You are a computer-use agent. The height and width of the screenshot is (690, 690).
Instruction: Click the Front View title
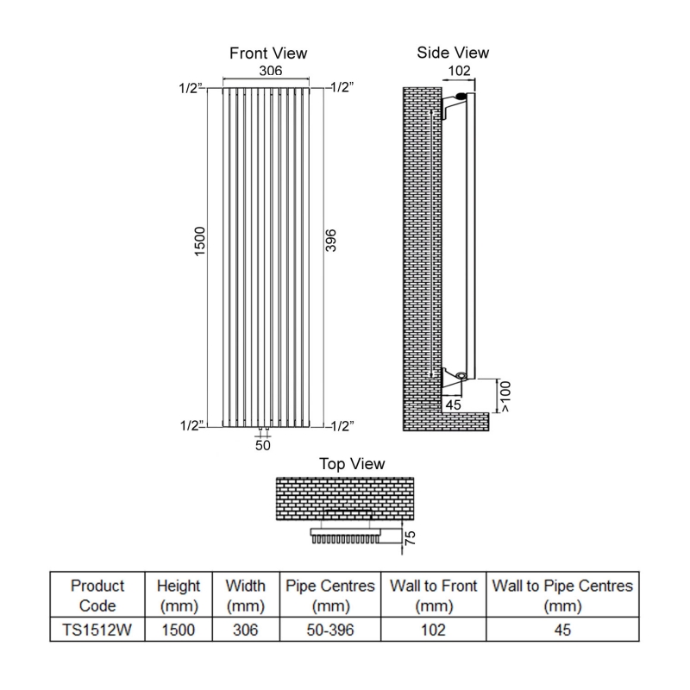267,53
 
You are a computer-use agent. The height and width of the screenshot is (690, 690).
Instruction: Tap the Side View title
453,53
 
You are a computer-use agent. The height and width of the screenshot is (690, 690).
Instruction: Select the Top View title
352,464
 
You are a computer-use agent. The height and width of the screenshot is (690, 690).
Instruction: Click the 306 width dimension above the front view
267,73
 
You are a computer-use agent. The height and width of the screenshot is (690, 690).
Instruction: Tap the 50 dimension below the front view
263,446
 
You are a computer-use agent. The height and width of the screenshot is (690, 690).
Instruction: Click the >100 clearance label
506,398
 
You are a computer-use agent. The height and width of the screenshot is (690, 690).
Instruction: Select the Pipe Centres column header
329,595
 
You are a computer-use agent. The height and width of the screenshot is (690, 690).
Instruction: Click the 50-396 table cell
329,630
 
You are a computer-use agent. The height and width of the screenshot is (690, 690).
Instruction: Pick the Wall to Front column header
433,595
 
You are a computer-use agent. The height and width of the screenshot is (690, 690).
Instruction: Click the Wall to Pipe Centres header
562,595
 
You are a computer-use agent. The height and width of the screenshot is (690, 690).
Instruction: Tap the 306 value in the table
245,630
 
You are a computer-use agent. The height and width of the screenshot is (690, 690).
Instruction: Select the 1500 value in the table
179,630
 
